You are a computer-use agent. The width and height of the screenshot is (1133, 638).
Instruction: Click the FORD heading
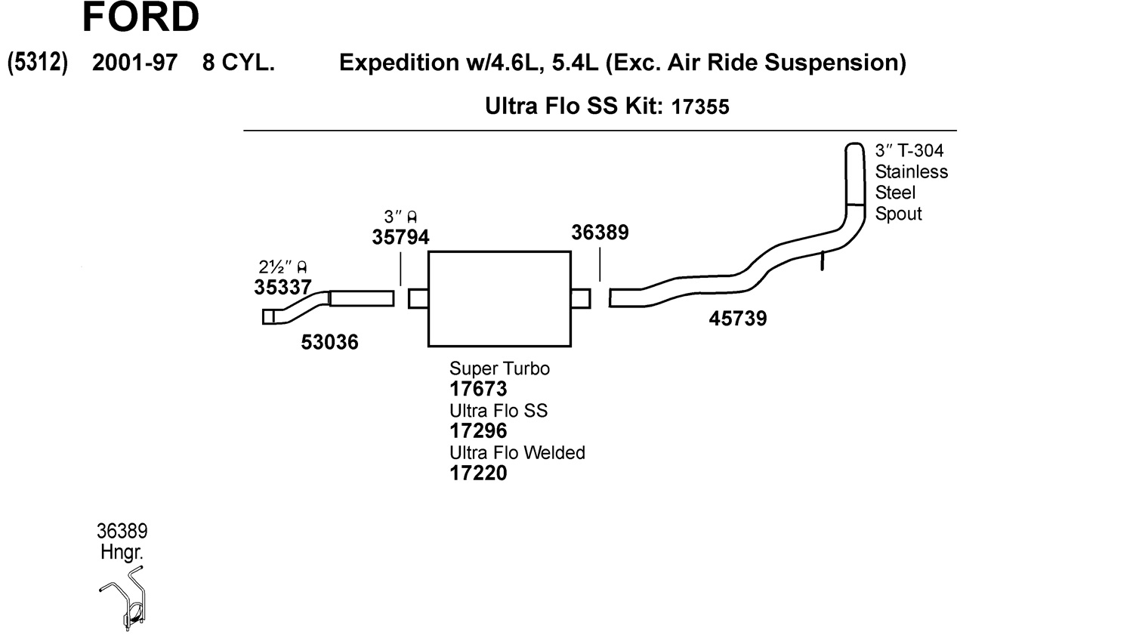[x=140, y=17]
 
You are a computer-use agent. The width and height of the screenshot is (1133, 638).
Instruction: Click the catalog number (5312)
[x=38, y=63]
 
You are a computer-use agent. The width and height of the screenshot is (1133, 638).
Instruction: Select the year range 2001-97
[x=134, y=63]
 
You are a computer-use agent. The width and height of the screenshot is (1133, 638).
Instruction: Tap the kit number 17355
[x=700, y=106]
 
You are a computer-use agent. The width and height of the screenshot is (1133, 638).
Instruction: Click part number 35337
[x=282, y=287]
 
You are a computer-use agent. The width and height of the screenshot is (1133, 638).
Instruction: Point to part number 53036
[x=329, y=342]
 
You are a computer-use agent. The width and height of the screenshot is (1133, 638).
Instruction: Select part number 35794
[x=400, y=237]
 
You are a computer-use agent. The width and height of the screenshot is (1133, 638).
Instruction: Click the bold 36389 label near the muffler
[x=600, y=233]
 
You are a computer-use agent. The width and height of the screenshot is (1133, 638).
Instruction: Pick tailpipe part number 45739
[x=737, y=319]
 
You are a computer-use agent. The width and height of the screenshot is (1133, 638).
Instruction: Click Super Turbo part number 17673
[x=478, y=389]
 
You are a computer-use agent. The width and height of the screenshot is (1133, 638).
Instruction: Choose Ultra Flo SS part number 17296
[x=478, y=430]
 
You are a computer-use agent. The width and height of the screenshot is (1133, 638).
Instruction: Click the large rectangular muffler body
[x=500, y=299]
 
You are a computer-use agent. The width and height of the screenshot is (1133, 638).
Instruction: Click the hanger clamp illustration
[x=123, y=598]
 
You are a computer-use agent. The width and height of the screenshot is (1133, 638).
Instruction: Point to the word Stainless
[x=912, y=172]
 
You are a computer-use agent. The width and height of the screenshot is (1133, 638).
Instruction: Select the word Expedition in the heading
[x=399, y=63]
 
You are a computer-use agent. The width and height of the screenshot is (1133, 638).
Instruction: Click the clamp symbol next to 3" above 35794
[x=412, y=217]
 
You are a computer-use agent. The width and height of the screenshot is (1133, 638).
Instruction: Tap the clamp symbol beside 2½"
[x=302, y=267]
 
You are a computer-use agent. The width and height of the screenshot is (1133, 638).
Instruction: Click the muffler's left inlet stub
[x=418, y=298]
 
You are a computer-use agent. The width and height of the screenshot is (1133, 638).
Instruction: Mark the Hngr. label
[x=122, y=552]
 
